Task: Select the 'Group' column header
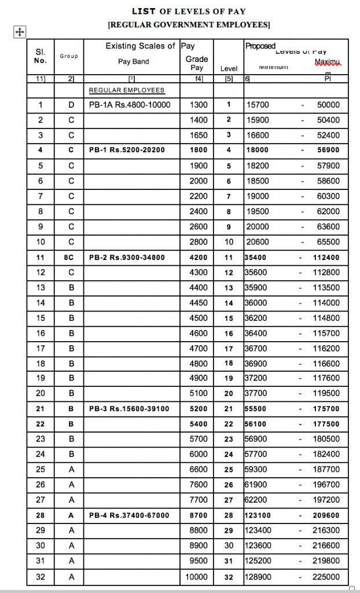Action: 68,56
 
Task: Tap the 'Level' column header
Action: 229,69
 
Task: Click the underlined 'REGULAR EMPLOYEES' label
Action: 126,90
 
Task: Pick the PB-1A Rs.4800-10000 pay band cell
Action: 122,105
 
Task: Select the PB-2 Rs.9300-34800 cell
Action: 127,257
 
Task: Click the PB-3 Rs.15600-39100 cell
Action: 129,409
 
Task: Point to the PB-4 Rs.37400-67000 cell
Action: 129,515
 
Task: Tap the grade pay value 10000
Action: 196,577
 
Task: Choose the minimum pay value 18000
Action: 257,150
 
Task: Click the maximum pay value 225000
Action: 326,577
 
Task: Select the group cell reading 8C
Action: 69,257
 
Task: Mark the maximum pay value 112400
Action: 326,257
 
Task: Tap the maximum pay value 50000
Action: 329,105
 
